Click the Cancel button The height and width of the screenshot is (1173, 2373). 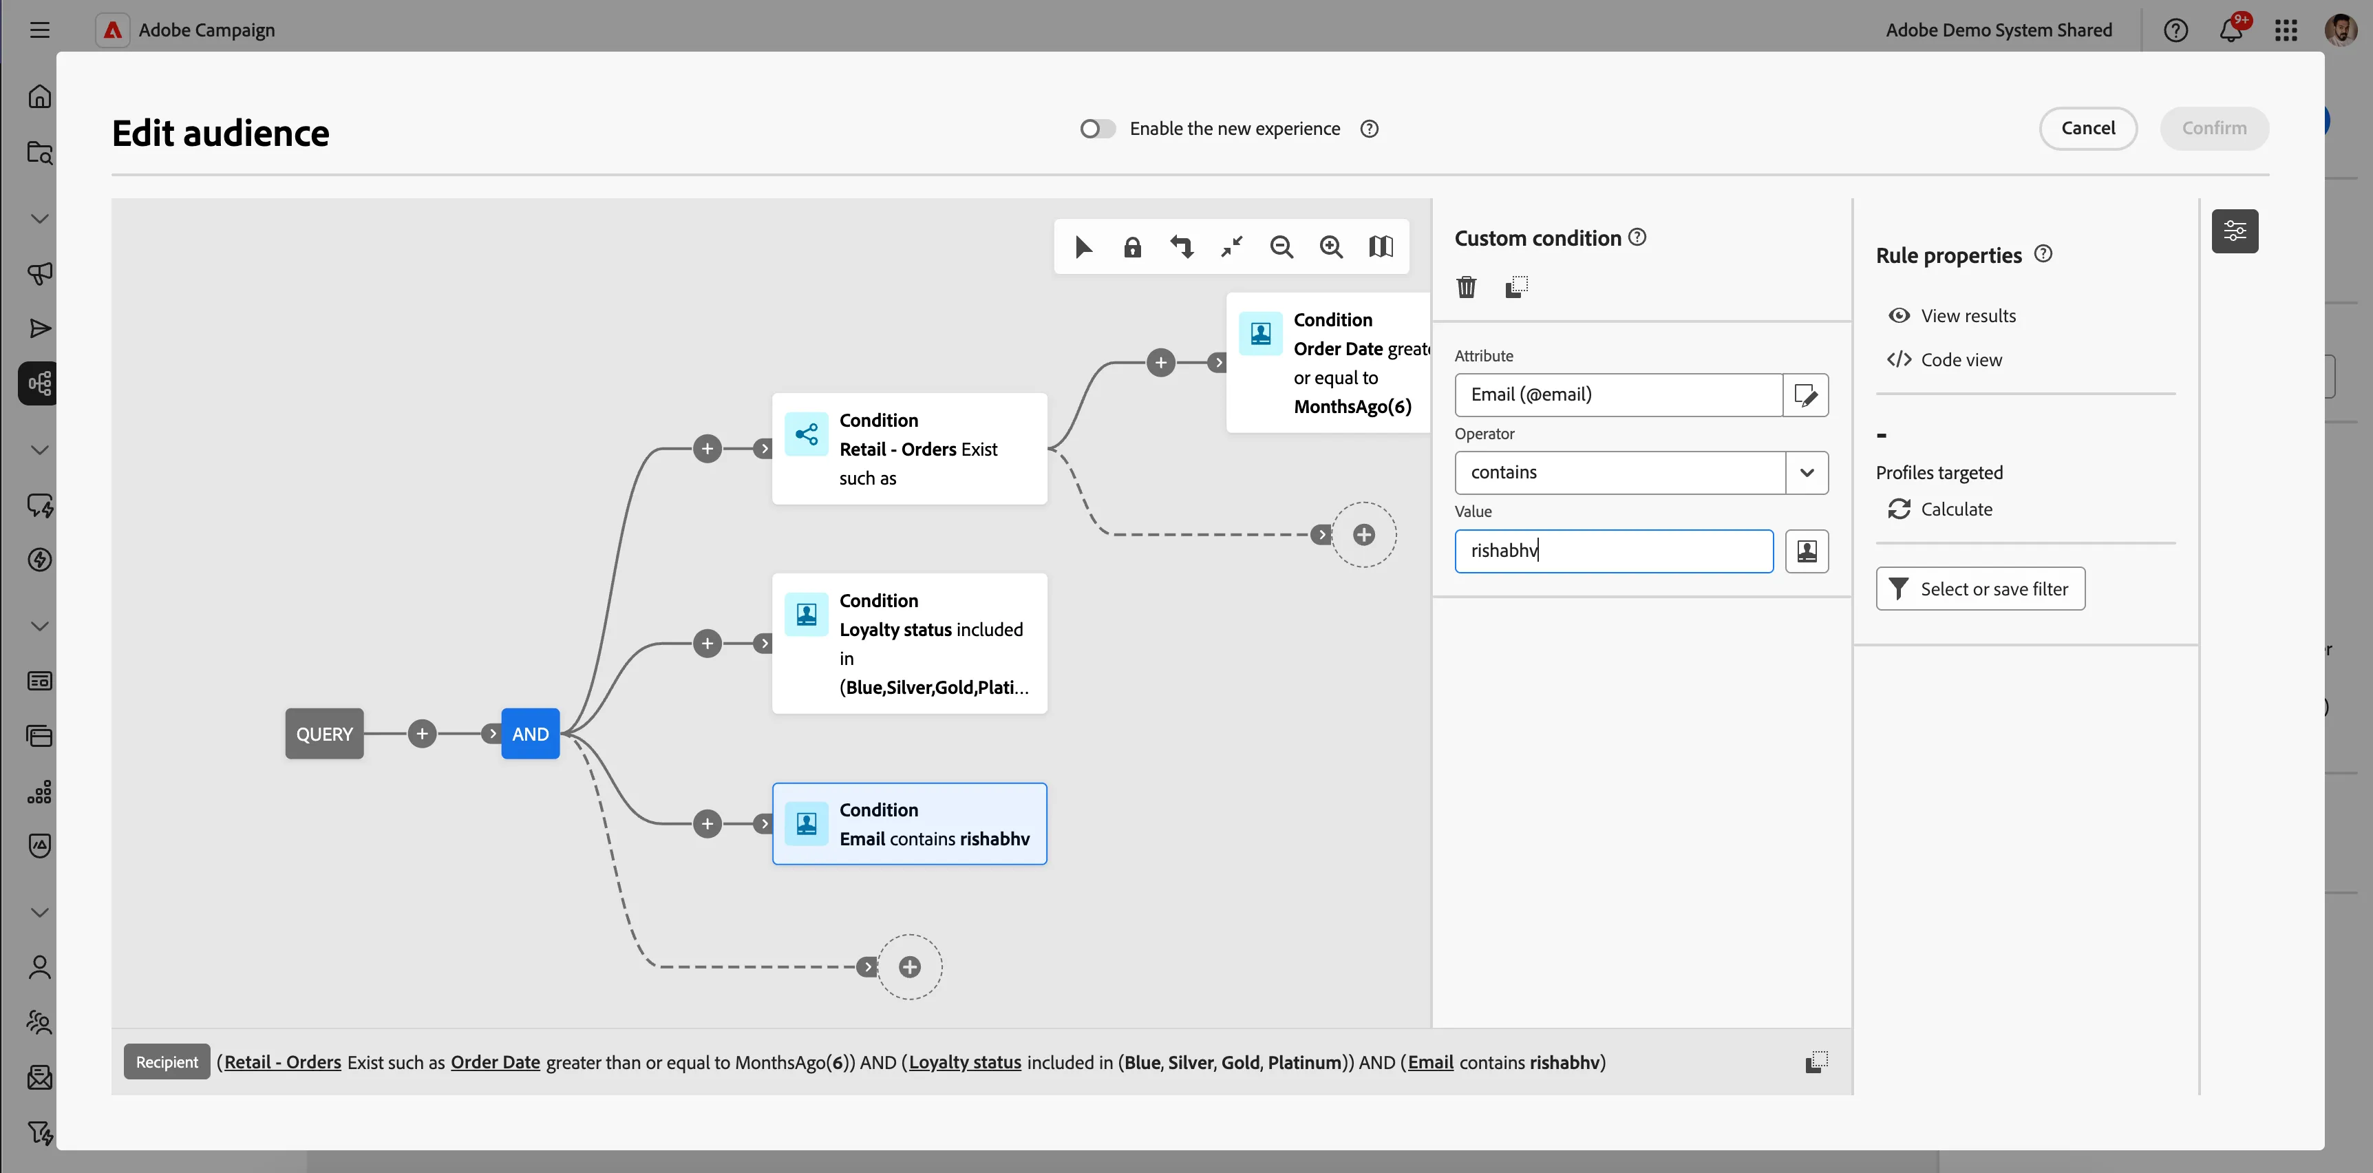pyautogui.click(x=2087, y=128)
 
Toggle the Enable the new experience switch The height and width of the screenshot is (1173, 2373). pyautogui.click(x=1097, y=129)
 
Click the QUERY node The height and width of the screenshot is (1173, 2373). pyautogui.click(x=324, y=734)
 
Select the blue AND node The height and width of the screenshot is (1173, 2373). pyautogui.click(x=531, y=734)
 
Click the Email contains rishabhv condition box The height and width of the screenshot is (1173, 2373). pyautogui.click(x=909, y=824)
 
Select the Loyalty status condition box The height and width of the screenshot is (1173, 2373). pyautogui.click(x=909, y=643)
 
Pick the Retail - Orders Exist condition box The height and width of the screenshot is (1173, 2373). pyautogui.click(x=909, y=449)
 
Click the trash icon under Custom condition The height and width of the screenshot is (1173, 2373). pyautogui.click(x=1467, y=288)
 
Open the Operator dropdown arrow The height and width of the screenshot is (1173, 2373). pyautogui.click(x=1807, y=473)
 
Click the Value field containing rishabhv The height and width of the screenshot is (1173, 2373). pyautogui.click(x=1614, y=551)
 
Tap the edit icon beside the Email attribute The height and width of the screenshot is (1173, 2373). pyautogui.click(x=1805, y=395)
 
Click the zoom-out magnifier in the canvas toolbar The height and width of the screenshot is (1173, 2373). pyautogui.click(x=1281, y=247)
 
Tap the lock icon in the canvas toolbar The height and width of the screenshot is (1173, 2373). pyautogui.click(x=1132, y=247)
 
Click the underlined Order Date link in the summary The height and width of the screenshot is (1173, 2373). pyautogui.click(x=496, y=1062)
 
